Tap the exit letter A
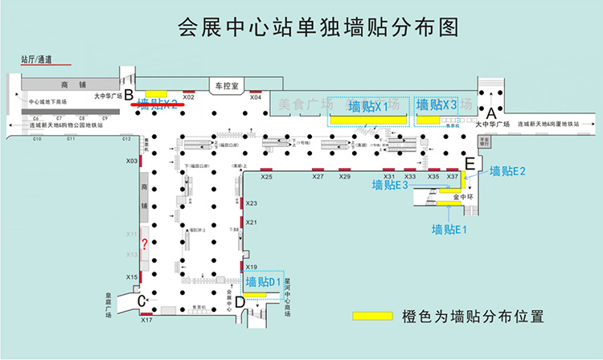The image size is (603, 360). (492, 113)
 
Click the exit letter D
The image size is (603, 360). (240, 302)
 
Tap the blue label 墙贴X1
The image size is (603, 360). (368, 106)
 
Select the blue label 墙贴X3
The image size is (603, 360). (437, 105)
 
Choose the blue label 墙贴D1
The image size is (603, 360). (263, 282)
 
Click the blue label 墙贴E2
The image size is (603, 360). (507, 171)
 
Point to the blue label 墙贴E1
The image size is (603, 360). (449, 231)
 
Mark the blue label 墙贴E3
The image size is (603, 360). (392, 185)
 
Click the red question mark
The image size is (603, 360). (143, 245)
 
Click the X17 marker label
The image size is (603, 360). (146, 321)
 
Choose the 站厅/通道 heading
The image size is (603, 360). (36, 59)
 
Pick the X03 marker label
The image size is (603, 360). (132, 162)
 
